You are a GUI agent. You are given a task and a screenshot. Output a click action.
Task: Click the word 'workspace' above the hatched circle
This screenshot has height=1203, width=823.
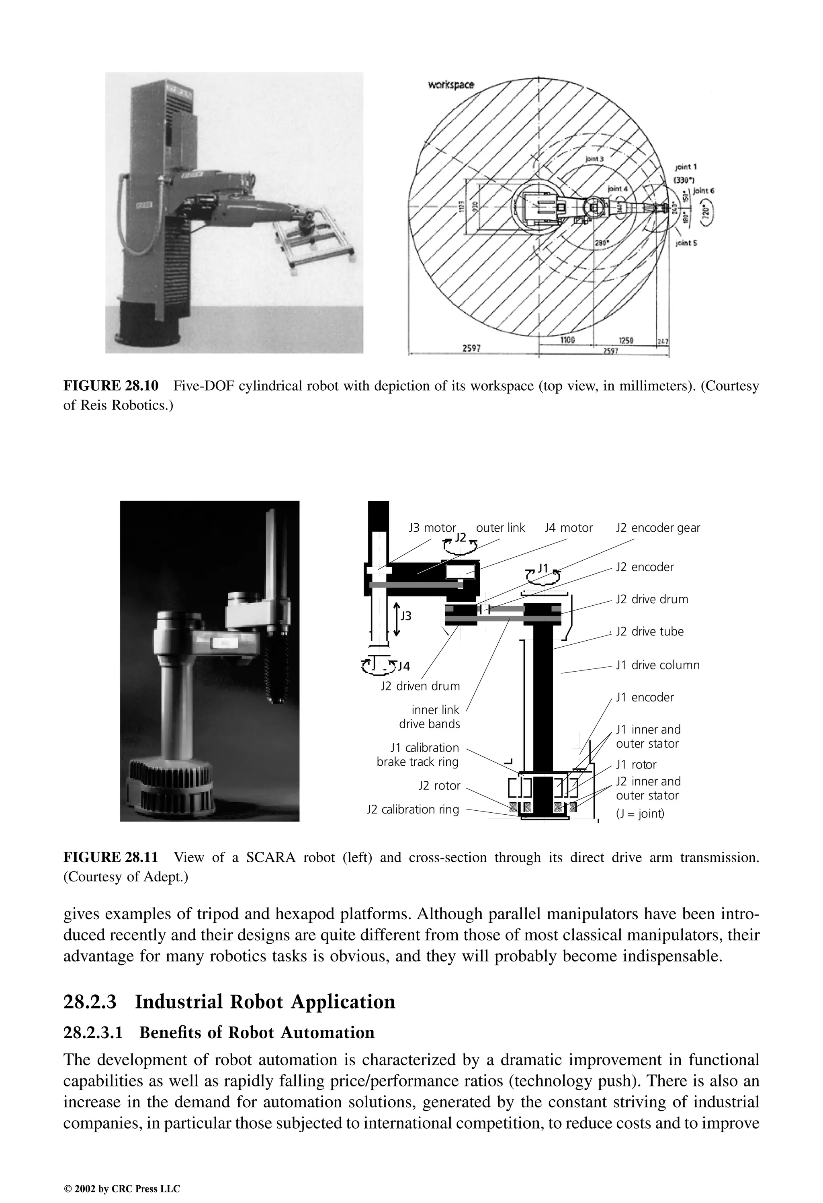point(451,85)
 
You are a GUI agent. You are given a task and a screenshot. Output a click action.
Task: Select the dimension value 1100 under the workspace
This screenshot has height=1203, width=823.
point(568,340)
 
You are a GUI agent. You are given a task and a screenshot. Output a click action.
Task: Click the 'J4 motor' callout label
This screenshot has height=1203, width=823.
point(568,528)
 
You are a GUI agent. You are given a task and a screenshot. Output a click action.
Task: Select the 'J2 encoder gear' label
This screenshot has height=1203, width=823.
point(658,528)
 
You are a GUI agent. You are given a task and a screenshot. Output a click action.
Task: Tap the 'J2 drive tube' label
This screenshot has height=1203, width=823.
point(650,631)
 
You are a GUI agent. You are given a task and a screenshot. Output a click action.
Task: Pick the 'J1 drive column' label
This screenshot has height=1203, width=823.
point(657,665)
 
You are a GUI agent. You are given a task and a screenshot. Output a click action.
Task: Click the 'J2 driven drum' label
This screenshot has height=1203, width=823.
point(420,687)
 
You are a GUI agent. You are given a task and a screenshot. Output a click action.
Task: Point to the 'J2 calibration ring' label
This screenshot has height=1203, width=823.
point(413,810)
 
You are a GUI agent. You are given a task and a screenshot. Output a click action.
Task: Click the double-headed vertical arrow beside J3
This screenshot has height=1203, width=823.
point(397,619)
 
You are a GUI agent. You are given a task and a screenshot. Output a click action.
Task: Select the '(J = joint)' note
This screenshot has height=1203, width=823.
point(640,814)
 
